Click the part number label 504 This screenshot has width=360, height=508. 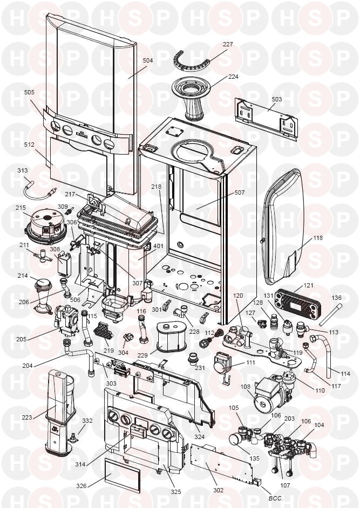click(x=148, y=61)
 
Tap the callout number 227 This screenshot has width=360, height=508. click(x=228, y=45)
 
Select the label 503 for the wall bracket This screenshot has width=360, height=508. click(x=276, y=99)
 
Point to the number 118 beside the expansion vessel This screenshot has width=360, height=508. click(x=317, y=238)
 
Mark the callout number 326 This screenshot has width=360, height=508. click(x=81, y=486)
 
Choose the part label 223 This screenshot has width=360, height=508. click(x=25, y=416)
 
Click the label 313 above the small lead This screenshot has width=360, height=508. click(x=23, y=171)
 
